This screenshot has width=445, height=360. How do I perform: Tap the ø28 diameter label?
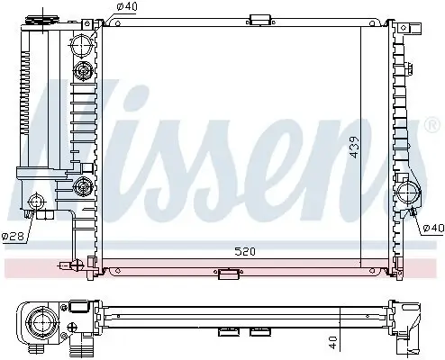pos(13,236)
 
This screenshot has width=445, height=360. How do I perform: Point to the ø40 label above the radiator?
pos(128,8)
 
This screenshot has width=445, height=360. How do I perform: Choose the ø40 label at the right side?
pos(433,228)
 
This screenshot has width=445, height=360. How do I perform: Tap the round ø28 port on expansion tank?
pos(37,202)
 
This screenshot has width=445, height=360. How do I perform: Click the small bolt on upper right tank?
pos(410,69)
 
